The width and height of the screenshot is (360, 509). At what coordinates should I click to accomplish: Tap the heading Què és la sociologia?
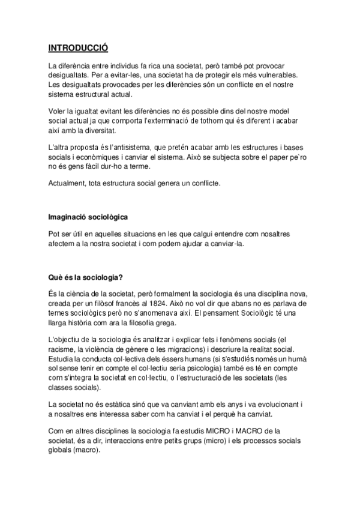85,277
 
